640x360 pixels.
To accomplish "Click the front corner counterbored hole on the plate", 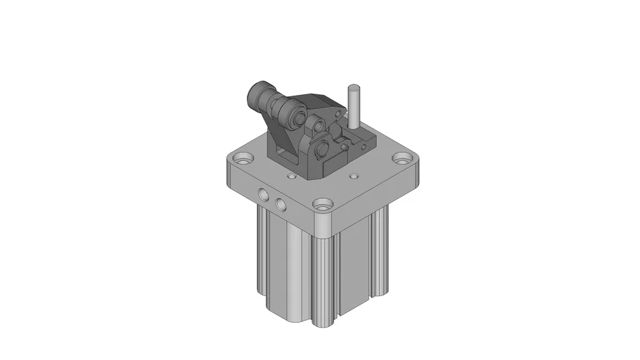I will tap(324, 206).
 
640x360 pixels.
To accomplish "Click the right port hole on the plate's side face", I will tap(281, 204).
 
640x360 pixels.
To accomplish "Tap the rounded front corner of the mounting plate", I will tap(324, 225).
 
